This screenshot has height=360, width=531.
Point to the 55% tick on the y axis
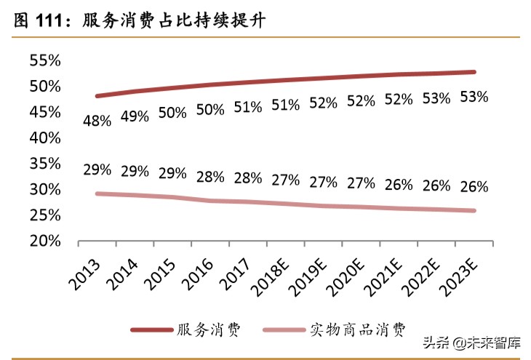pos(44,60)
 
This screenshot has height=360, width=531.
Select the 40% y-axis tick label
pos(44,137)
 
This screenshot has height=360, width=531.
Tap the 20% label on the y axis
pos(44,241)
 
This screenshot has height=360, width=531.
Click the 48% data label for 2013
pos(97,121)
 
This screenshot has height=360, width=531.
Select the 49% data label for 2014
pos(135,116)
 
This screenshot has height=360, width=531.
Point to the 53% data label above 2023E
pos(473,97)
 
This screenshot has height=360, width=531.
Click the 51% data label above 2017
pos(247,107)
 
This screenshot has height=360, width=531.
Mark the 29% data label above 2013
pos(97,169)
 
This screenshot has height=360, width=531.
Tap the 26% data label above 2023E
pos(473,187)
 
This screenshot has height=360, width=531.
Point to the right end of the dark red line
pos(474,72)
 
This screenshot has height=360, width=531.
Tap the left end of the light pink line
pos(97,193)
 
